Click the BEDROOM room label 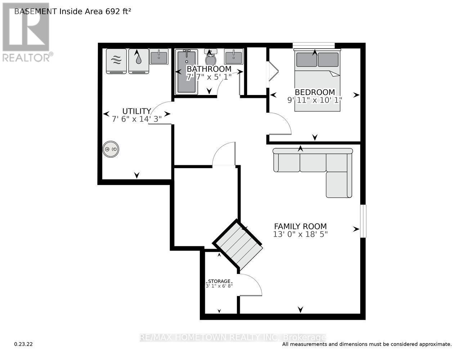[314, 92]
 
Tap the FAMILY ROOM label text [300, 226]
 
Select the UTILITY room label [136, 111]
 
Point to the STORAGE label [219, 281]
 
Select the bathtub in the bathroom [186, 72]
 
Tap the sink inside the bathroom [233, 57]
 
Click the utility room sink [158, 57]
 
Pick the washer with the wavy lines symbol [116, 61]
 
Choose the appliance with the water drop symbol [139, 61]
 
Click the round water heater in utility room [111, 149]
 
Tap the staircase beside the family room [238, 244]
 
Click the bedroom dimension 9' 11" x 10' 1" [314, 100]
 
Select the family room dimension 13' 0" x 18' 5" [300, 234]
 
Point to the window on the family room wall [363, 221]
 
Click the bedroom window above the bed [314, 45]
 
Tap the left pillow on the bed [306, 60]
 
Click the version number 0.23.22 [23, 344]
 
